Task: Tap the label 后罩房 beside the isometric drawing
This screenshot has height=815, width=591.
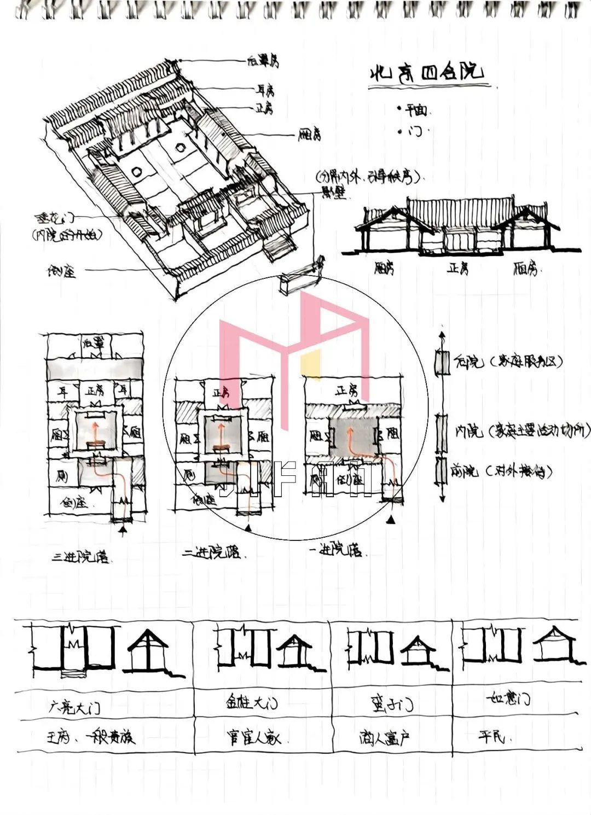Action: pos(263,62)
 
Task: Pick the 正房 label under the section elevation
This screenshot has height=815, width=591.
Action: pos(457,269)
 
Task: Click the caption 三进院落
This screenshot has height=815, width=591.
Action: pos(80,558)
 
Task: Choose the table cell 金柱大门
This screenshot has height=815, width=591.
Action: pos(252,702)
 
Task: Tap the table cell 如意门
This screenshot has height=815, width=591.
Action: pos(508,699)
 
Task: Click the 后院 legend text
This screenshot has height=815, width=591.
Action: pos(468,362)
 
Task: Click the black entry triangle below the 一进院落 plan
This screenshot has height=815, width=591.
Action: pos(391,522)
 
